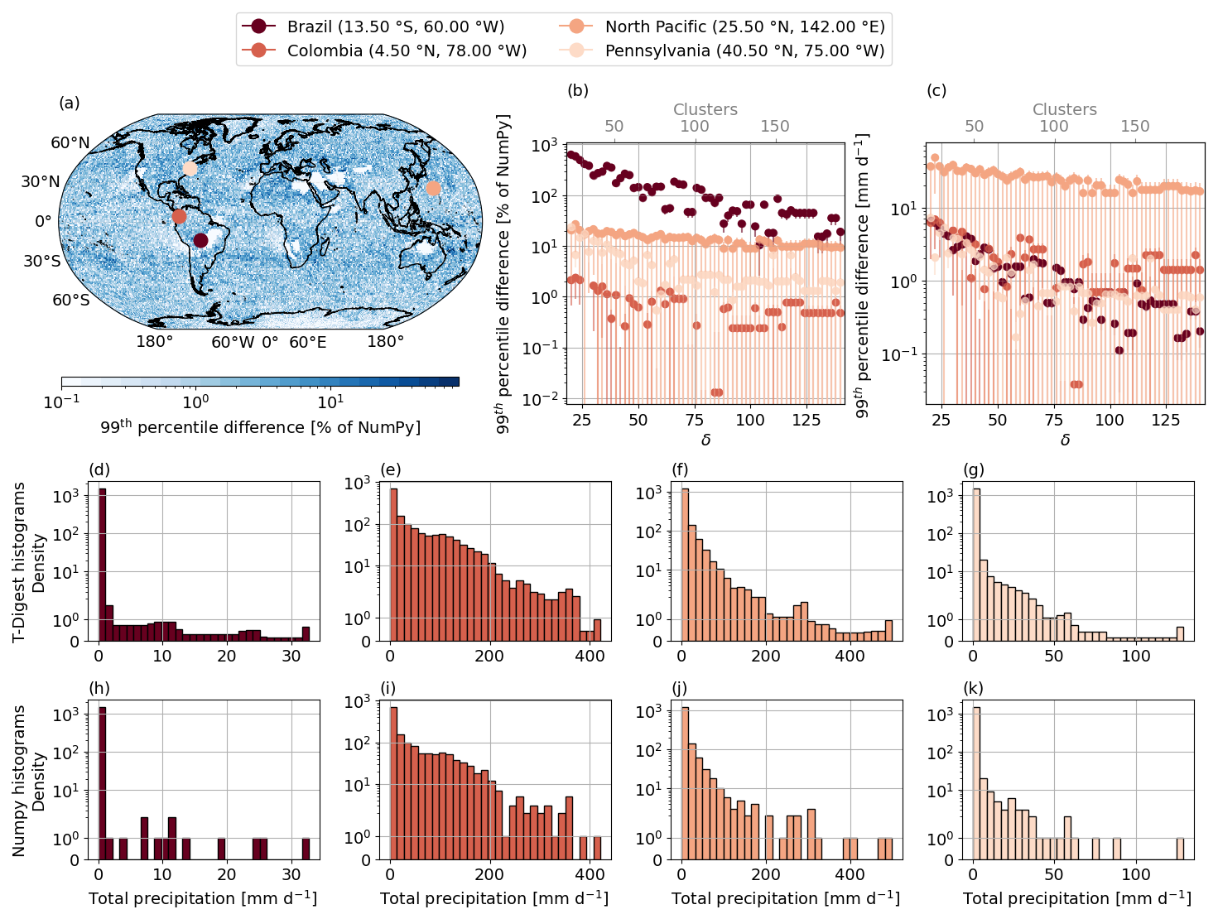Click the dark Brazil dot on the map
200,240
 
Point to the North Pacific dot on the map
433,188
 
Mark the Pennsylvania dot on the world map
190,168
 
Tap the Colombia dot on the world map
179,216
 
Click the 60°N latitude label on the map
70,142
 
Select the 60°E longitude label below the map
307,342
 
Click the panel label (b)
577,90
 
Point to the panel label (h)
99,688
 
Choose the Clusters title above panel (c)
1064,109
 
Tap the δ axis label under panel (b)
705,440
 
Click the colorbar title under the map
260,427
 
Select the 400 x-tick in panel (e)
590,656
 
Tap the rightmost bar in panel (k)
1180,849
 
